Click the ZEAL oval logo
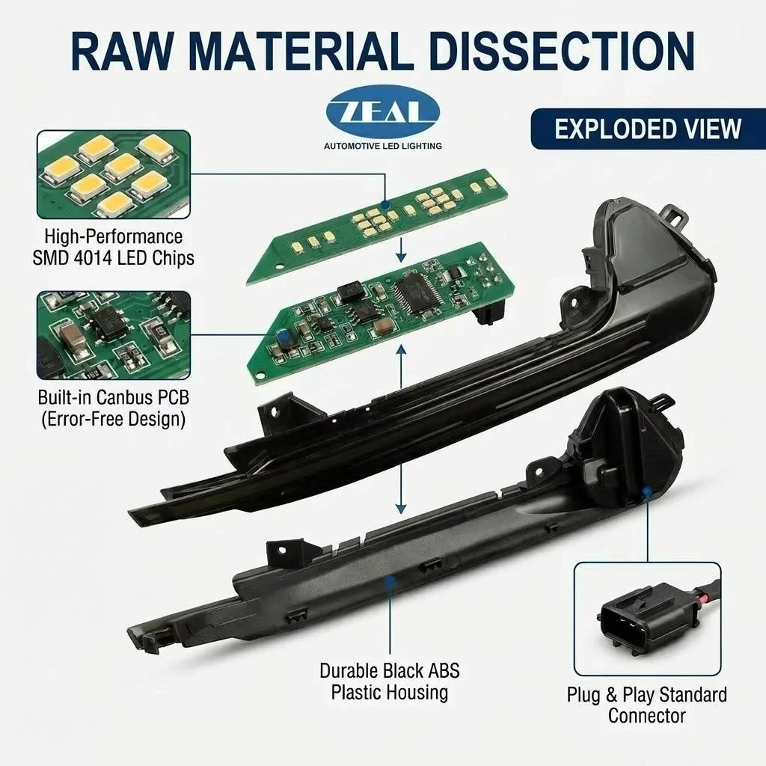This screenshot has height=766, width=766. click(383, 112)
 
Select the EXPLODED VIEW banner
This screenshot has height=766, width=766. click(648, 129)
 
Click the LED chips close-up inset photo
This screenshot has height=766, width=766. click(114, 174)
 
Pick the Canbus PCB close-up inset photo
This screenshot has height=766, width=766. click(114, 335)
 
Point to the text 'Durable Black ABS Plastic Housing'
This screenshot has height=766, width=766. click(389, 681)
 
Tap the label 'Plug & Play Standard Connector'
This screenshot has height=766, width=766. click(647, 705)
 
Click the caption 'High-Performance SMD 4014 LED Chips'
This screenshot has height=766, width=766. click(114, 247)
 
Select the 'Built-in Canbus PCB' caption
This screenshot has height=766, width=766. click(114, 397)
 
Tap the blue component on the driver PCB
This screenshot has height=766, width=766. click(281, 336)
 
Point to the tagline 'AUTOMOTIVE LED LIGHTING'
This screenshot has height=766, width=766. click(383, 146)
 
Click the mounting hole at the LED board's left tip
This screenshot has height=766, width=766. click(280, 267)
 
